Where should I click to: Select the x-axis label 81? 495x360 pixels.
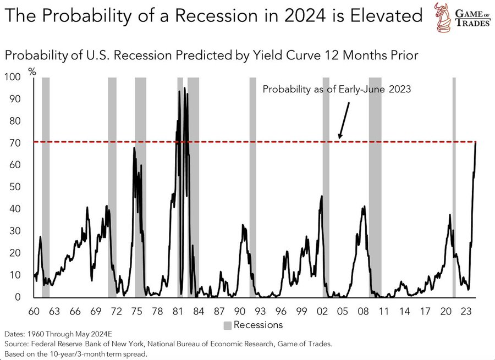178,311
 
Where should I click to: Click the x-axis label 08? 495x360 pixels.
363,311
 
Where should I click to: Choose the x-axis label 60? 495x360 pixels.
34,311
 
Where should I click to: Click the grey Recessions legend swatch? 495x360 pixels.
227,325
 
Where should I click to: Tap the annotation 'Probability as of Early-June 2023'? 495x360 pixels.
337,90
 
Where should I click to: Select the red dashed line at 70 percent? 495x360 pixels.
275,142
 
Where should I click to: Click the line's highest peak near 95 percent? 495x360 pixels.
184,88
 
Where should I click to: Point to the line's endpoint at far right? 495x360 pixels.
476,142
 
